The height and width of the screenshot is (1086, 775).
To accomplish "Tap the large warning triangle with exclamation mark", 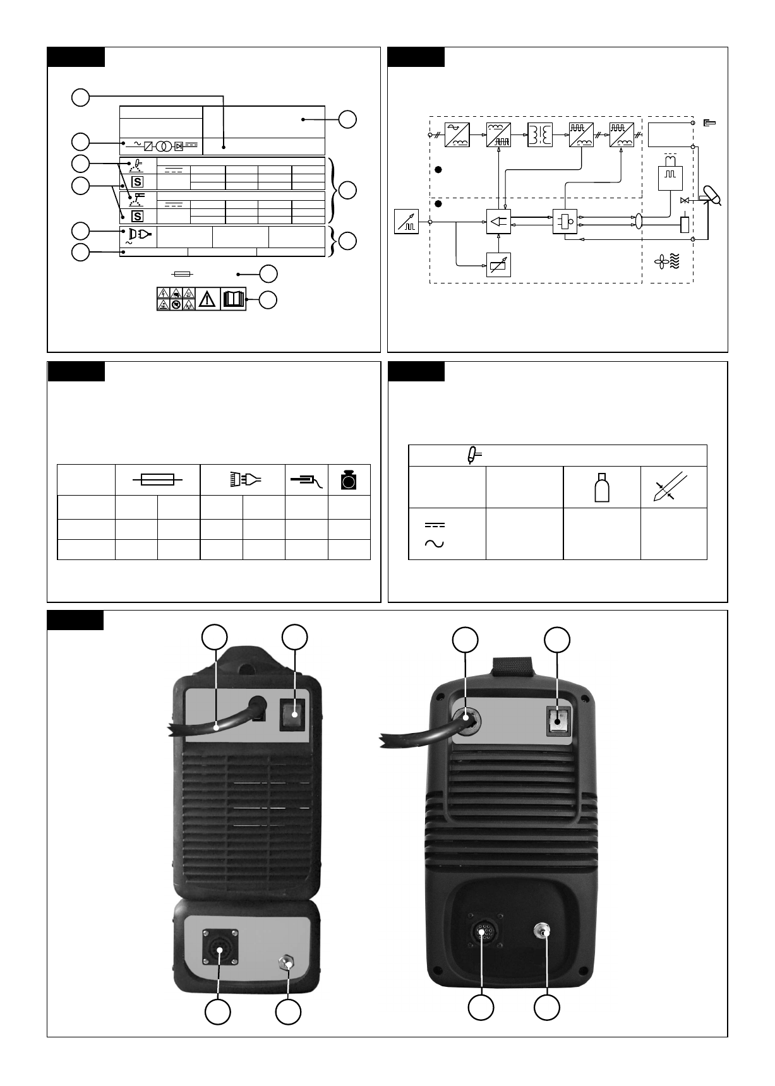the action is tap(206, 299).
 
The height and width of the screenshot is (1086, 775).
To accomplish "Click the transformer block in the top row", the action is tap(540, 134).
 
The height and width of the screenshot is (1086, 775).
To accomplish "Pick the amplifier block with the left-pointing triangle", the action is tap(498, 222).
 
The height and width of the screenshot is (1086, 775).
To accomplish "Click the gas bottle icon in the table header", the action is tap(601, 488).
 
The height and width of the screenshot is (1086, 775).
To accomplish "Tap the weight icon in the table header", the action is tap(349, 480).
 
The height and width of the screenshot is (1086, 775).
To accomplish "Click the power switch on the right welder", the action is tap(557, 720).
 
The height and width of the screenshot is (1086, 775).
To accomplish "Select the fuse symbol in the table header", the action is tap(157, 480).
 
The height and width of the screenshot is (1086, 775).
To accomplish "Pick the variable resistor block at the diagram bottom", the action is tap(498, 265).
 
